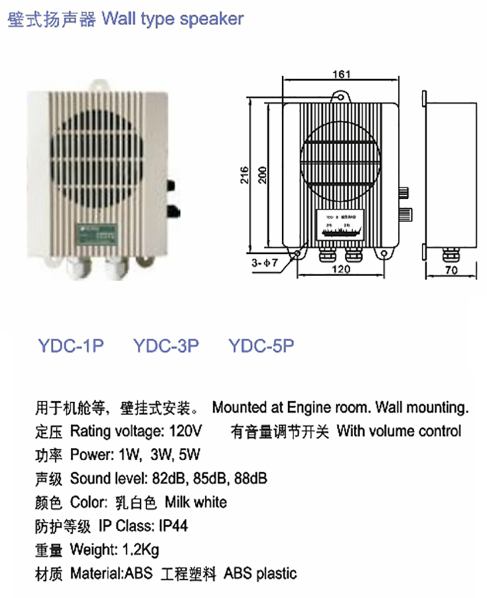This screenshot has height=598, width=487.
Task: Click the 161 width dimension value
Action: [x=340, y=74]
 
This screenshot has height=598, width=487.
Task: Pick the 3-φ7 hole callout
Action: [x=265, y=264]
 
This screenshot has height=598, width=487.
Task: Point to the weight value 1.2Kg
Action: [x=141, y=550]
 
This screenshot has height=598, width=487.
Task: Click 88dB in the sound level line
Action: [x=251, y=478]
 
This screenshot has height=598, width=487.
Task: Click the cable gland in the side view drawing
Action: [x=450, y=254]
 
